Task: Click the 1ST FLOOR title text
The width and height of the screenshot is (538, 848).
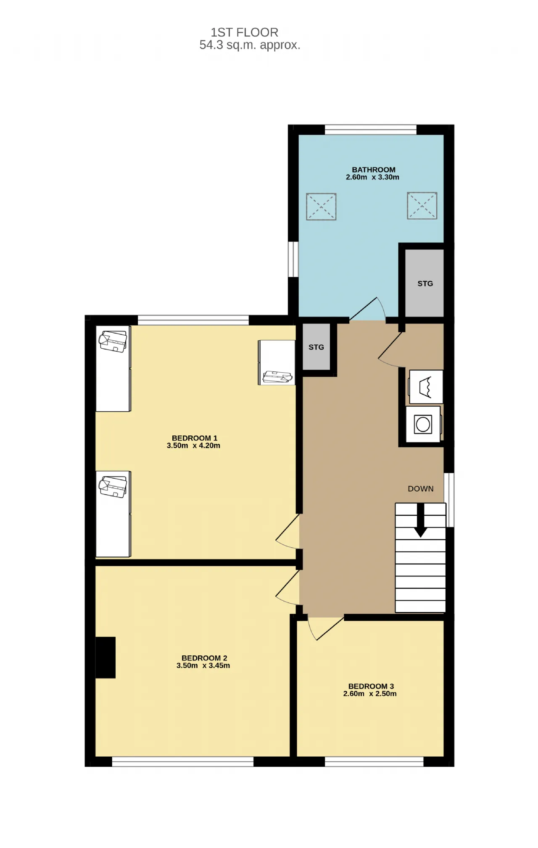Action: [x=244, y=32]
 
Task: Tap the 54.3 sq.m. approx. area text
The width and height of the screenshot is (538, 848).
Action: [x=250, y=45]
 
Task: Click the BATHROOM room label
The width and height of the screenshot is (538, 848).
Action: [x=373, y=170]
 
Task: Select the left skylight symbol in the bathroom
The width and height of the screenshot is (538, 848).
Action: [x=321, y=207]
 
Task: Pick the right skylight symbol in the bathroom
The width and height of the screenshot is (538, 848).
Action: [x=422, y=206]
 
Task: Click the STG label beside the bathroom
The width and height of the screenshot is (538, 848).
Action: [x=425, y=284]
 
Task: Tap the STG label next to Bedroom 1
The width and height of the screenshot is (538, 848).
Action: [x=316, y=347]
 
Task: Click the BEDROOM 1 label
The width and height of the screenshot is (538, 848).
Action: [x=195, y=438]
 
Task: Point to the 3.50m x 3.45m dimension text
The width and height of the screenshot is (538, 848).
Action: [x=203, y=665]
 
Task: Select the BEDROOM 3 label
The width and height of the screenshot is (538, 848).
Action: [x=371, y=686]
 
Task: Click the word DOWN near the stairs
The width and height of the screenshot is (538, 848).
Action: [x=420, y=489]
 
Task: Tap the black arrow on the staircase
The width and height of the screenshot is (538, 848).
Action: [x=420, y=520]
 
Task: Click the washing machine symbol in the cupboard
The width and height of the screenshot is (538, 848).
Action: [x=423, y=424]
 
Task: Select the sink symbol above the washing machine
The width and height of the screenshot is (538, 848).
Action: [x=425, y=387]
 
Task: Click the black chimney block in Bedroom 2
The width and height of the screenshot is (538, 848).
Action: [x=105, y=657]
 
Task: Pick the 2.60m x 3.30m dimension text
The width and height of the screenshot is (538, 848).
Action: [x=372, y=177]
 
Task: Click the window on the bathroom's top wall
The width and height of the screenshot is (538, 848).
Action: [x=370, y=130]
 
